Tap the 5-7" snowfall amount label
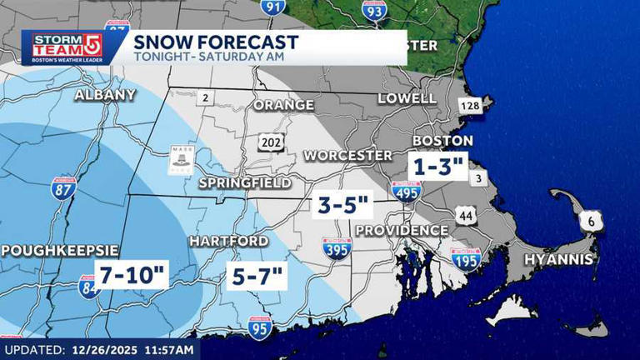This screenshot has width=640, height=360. (257, 272)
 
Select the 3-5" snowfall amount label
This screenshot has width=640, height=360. (342, 205)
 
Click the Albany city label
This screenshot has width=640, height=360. (105, 95)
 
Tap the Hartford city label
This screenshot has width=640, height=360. (228, 241)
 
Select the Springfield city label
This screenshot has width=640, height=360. (245, 182)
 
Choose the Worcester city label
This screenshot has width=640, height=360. (347, 156)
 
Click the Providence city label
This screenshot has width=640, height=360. (402, 230)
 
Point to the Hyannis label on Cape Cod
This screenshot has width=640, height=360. (558, 260)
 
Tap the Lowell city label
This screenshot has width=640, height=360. (407, 98)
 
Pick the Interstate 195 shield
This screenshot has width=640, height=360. (465, 257)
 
